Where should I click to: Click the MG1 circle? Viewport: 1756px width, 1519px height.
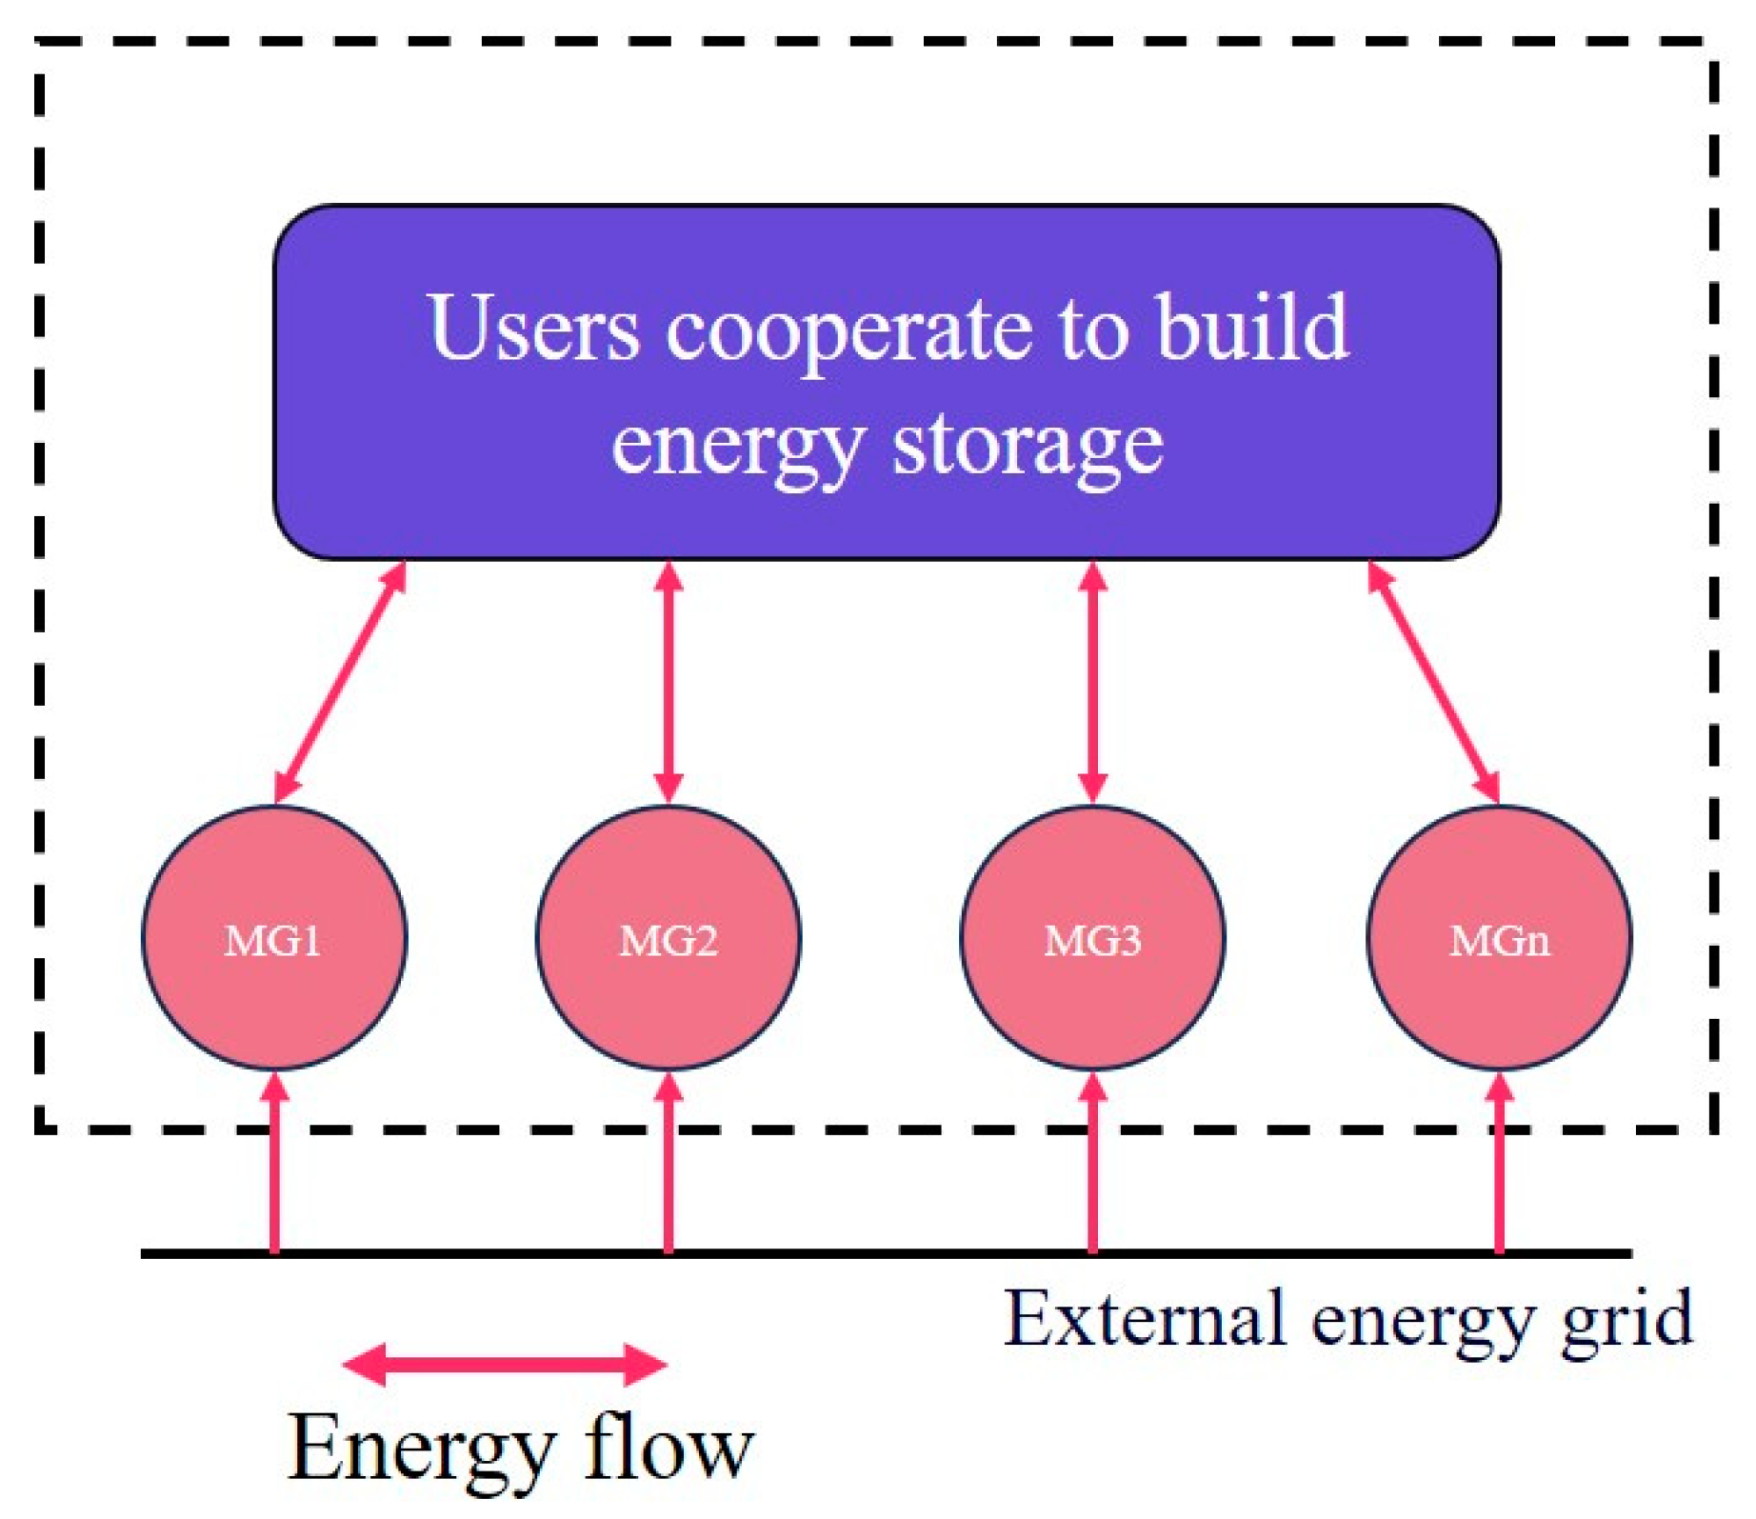274,939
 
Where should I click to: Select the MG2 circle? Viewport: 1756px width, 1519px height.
668,939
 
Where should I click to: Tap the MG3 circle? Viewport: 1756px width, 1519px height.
1092,939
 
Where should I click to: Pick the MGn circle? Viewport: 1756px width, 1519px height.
1499,939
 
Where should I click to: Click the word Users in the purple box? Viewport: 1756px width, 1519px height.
534,329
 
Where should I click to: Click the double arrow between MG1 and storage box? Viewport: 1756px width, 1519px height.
341,682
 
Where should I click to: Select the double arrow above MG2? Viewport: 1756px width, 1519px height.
668,682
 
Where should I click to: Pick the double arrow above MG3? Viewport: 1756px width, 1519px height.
1092,682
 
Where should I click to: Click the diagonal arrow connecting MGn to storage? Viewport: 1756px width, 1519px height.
1433,682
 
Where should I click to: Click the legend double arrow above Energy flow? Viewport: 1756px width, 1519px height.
505,1365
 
